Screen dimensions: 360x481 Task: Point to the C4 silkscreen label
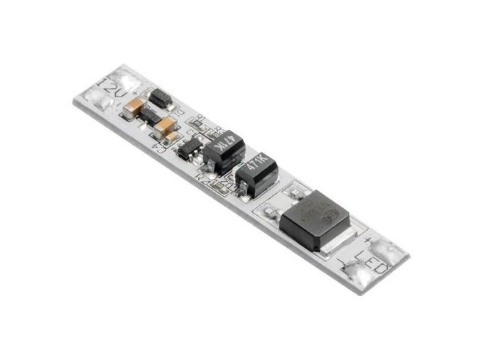point(160,146)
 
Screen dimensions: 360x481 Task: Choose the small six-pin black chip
point(190,150)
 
